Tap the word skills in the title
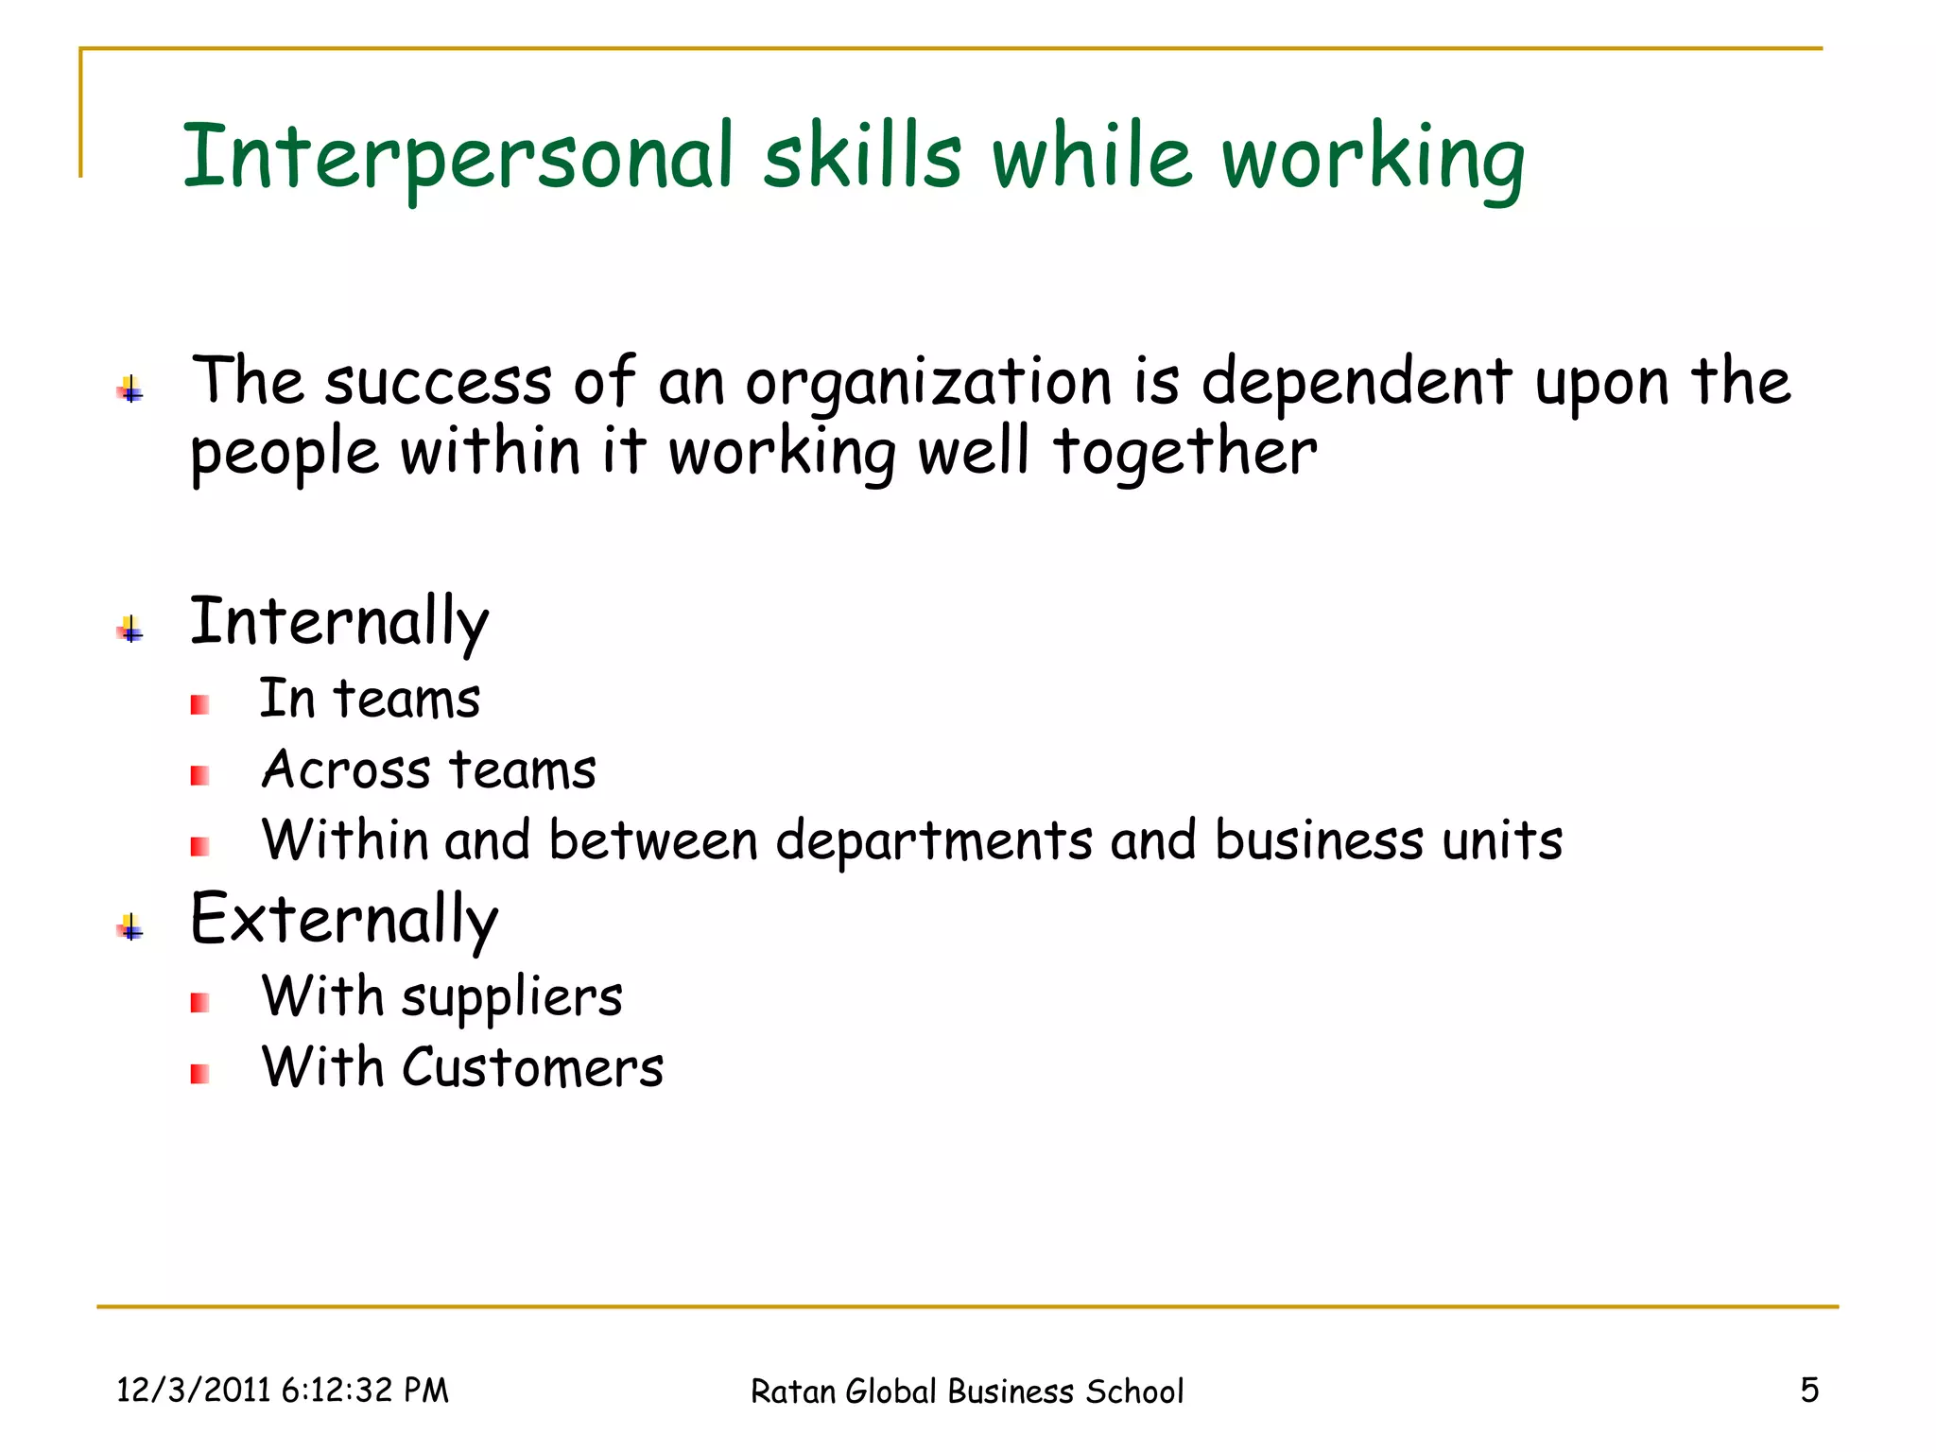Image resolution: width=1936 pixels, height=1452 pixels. pyautogui.click(x=862, y=156)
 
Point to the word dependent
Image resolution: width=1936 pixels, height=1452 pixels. pyautogui.click(x=1357, y=383)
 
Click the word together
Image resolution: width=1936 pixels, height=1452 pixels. pyautogui.click(x=1184, y=453)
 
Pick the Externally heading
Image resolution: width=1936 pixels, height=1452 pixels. pyautogui.click(x=344, y=921)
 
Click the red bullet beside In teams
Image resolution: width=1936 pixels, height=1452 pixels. pyautogui.click(x=199, y=705)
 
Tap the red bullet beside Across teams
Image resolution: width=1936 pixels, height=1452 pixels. pyautogui.click(x=199, y=776)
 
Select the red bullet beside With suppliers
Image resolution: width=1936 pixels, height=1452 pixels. pyautogui.click(x=199, y=1003)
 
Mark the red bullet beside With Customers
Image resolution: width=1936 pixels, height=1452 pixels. pyautogui.click(x=199, y=1074)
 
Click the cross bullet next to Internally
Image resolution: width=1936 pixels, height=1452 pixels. pyautogui.click(x=130, y=630)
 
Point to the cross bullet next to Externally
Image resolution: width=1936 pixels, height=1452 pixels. pyautogui.click(x=130, y=927)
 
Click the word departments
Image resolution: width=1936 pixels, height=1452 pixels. pyautogui.click(x=934, y=841)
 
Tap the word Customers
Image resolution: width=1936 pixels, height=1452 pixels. pyautogui.click(x=532, y=1068)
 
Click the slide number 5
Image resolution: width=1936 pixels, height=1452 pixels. pyautogui.click(x=1808, y=1391)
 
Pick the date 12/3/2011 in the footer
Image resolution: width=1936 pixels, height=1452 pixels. pyautogui.click(x=194, y=1391)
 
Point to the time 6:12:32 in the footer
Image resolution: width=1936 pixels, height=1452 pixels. pyautogui.click(x=337, y=1391)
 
